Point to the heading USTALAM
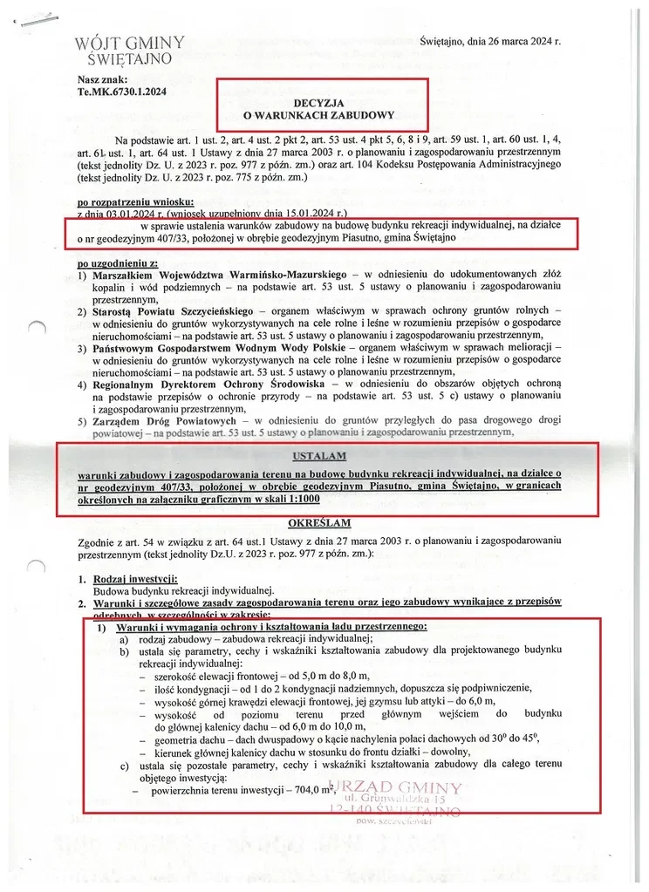[x=319, y=455]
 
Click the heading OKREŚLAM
[x=319, y=523]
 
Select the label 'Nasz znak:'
[x=102, y=78]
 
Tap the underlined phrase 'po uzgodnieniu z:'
[x=116, y=262]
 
